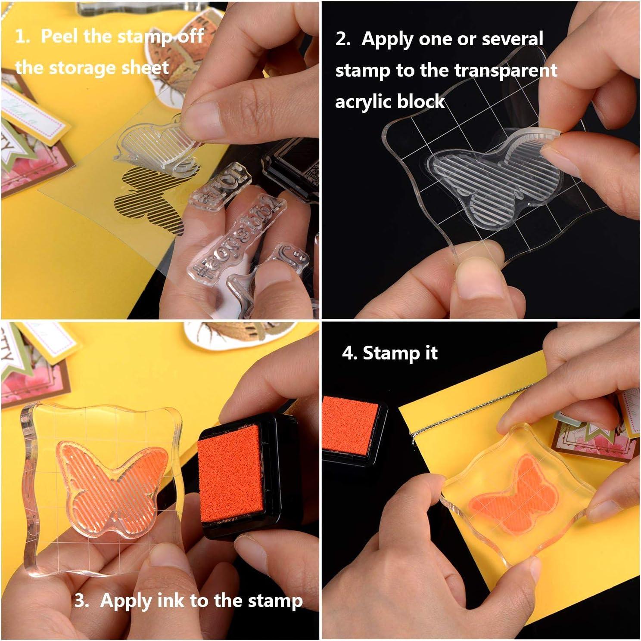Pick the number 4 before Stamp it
pos(348,353)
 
